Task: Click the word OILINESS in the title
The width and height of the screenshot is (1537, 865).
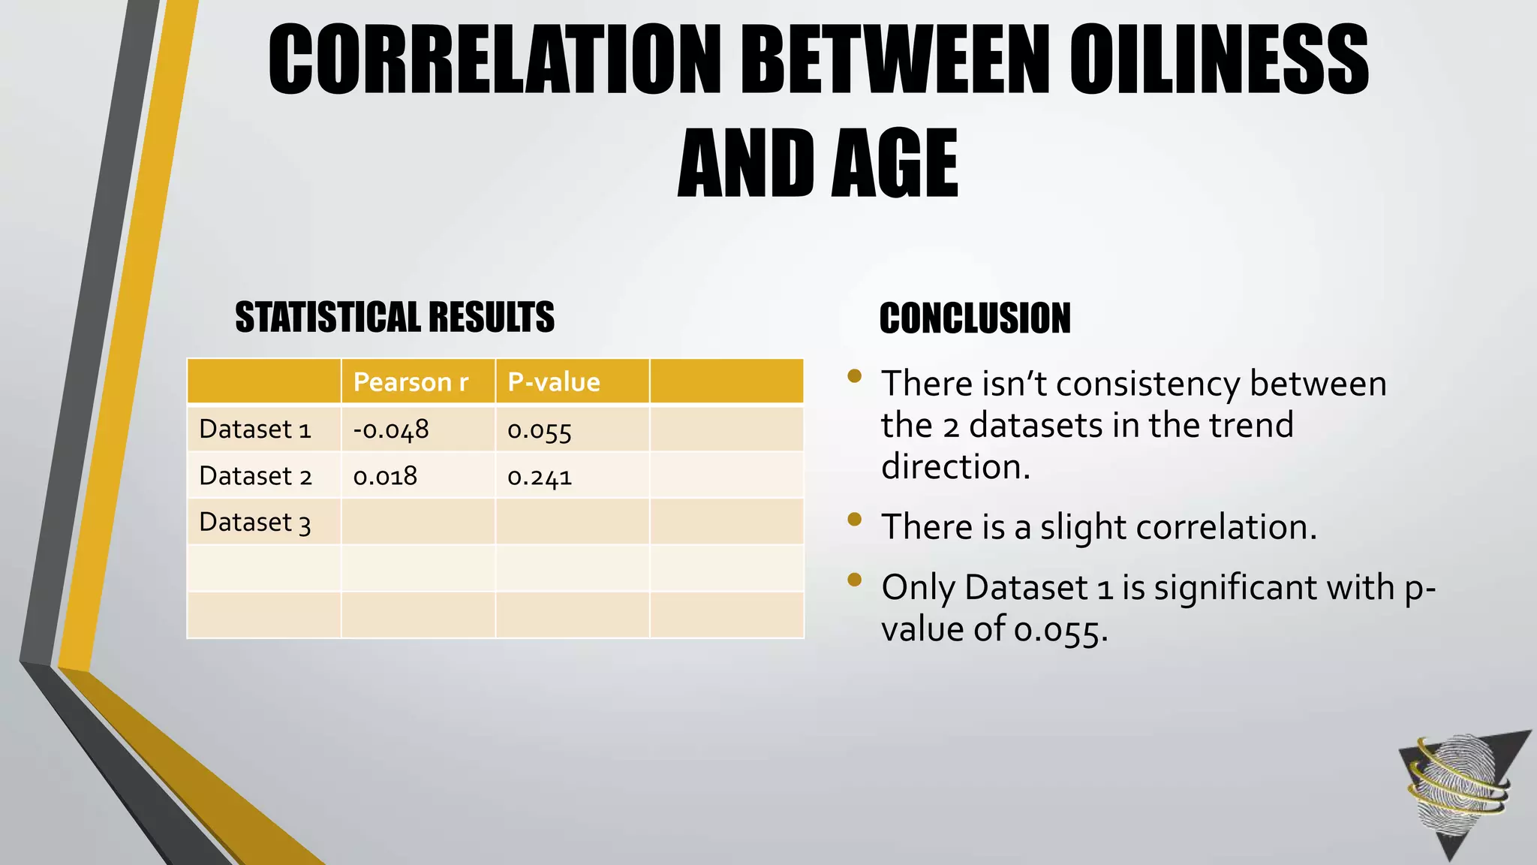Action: pyautogui.click(x=1219, y=60)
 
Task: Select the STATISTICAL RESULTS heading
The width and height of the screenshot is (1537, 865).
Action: pyautogui.click(x=395, y=317)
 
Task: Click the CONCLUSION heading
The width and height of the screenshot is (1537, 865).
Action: pyautogui.click(x=975, y=318)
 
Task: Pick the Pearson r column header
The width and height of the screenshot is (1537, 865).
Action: pyautogui.click(x=411, y=382)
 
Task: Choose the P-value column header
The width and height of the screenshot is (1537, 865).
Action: pyautogui.click(x=554, y=382)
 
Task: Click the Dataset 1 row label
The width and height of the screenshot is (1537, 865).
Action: pyautogui.click(x=255, y=429)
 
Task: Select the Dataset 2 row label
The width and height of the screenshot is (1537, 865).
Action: pyautogui.click(x=255, y=476)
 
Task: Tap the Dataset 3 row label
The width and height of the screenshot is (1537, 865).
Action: pyautogui.click(x=255, y=523)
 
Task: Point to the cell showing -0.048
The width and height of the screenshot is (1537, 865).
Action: pyautogui.click(x=391, y=429)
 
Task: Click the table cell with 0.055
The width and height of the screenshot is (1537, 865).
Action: pyautogui.click(x=540, y=431)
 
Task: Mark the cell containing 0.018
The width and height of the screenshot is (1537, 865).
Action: pyautogui.click(x=385, y=476)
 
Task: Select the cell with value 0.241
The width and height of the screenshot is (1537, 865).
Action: pyautogui.click(x=540, y=477)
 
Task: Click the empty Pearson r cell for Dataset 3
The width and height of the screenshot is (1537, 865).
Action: pyautogui.click(x=418, y=522)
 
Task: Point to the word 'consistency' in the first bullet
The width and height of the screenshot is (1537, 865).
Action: pyautogui.click(x=1148, y=384)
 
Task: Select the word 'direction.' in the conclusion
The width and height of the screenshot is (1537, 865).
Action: pyautogui.click(x=955, y=467)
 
